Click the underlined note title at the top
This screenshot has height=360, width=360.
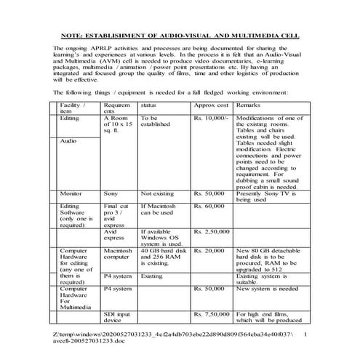[x=180, y=34]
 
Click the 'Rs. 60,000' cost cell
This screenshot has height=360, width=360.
[x=209, y=207]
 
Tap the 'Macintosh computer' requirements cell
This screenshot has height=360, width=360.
[x=117, y=254]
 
